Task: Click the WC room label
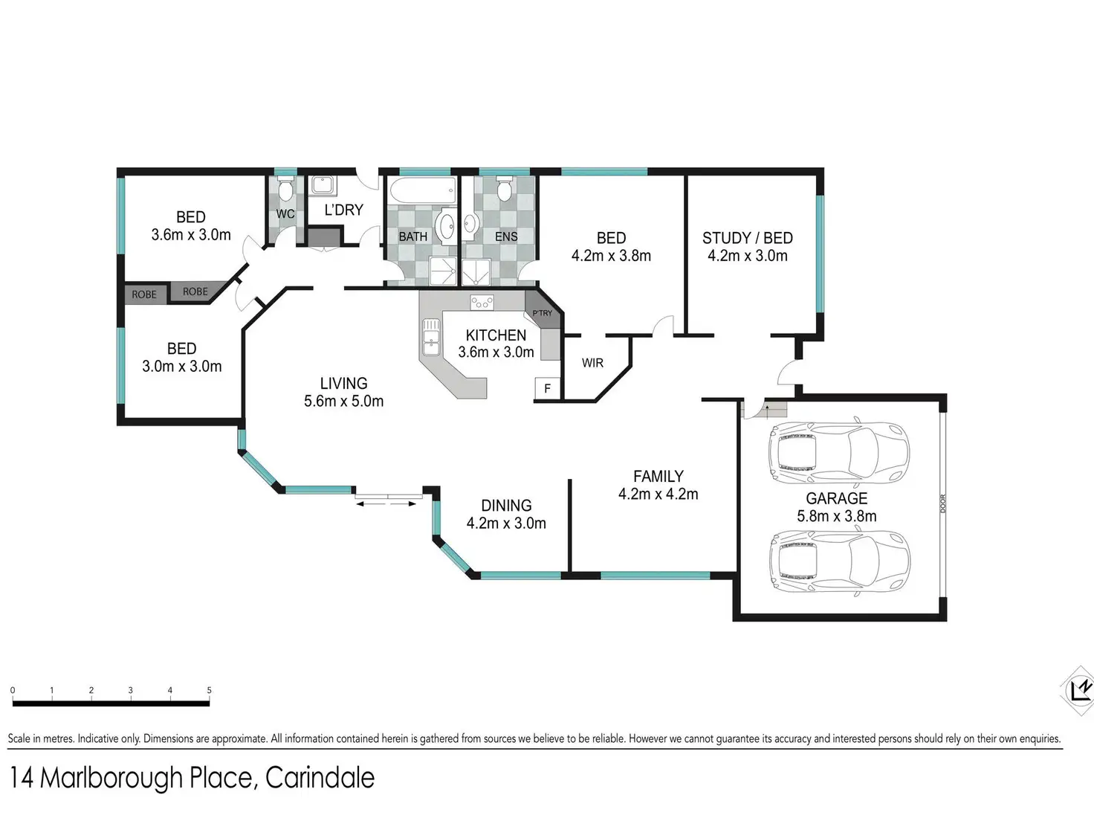[285, 214]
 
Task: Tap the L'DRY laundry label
[344, 210]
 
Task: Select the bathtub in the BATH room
[423, 191]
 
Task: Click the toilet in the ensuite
[505, 188]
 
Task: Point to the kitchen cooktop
[482, 302]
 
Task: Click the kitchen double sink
[431, 337]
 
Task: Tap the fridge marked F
[547, 388]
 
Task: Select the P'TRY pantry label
[543, 313]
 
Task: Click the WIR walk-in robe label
[592, 363]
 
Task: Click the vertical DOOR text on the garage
[942, 503]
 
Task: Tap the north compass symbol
[1078, 691]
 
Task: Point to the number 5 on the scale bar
[210, 690]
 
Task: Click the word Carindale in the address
[320, 778]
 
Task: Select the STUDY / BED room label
[748, 238]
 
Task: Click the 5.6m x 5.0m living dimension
[344, 401]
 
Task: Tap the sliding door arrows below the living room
[386, 504]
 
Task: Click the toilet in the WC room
[285, 188]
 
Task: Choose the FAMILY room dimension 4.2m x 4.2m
[658, 494]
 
